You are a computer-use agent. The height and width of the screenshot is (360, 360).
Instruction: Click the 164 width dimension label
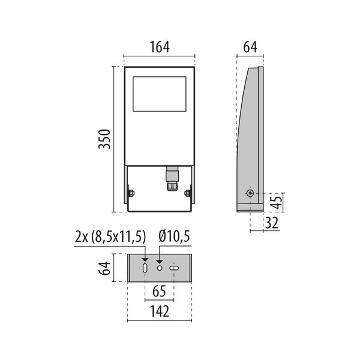coord(160,47)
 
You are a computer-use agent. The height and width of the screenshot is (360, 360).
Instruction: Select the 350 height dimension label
coord(104,139)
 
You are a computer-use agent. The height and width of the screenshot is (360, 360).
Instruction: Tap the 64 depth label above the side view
coord(250,47)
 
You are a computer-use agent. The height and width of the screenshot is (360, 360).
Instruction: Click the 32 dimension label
coord(272,223)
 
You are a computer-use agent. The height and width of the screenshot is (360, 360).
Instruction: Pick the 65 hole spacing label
coord(159,291)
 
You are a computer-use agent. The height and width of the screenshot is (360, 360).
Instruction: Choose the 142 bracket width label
coord(160,311)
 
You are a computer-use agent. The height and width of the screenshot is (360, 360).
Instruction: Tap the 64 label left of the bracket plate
coord(104,268)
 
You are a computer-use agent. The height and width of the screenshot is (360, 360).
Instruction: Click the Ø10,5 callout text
coord(174,236)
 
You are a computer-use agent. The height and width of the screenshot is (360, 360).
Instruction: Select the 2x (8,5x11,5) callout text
coord(110,237)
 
